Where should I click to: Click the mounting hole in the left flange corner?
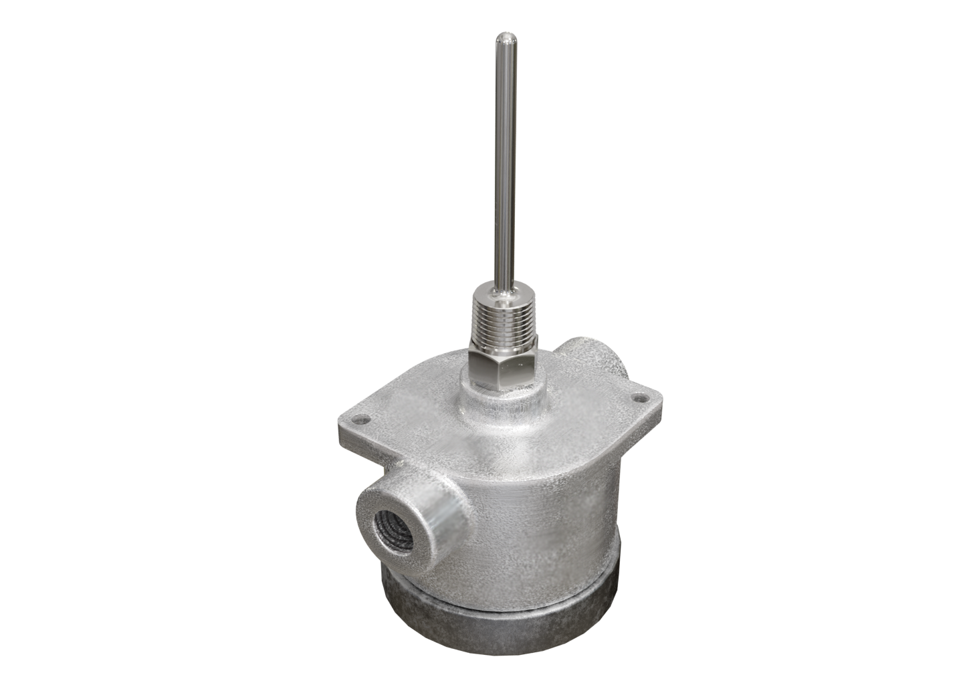(x=362, y=421)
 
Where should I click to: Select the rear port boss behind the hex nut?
(x=592, y=358)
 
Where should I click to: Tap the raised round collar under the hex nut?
(x=503, y=399)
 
